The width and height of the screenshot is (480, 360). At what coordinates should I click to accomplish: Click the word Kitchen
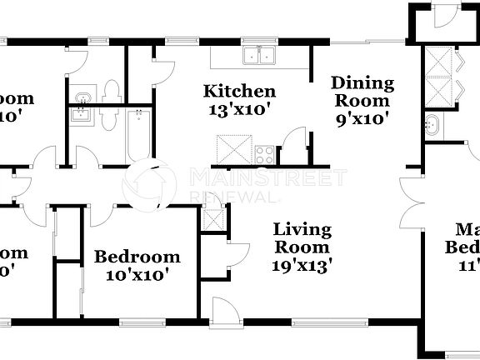(x=240, y=91)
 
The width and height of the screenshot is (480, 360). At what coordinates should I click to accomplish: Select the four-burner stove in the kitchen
(x=265, y=154)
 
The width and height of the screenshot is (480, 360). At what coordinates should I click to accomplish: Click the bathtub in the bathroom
(x=139, y=135)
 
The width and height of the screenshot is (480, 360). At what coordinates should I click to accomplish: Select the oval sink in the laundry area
(x=431, y=127)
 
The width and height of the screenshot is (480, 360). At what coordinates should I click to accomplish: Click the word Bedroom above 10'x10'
(x=137, y=256)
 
